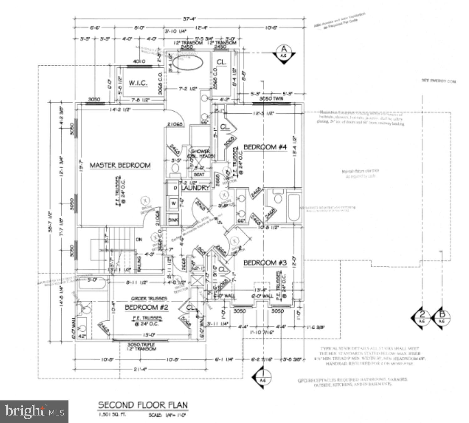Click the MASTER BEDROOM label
tap(120, 165)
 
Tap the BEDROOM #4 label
tap(265, 147)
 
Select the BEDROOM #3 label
tap(265, 263)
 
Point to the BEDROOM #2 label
tap(146, 307)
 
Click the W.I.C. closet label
tap(138, 83)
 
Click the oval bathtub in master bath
tap(188, 62)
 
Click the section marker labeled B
tap(441, 318)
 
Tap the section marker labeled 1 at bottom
tap(262, 377)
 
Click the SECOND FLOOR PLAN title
tap(143, 405)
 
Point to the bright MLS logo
tap(34, 411)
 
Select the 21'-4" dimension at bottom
tap(140, 369)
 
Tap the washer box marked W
tap(174, 203)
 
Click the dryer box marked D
tap(175, 188)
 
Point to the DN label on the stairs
tap(139, 240)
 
